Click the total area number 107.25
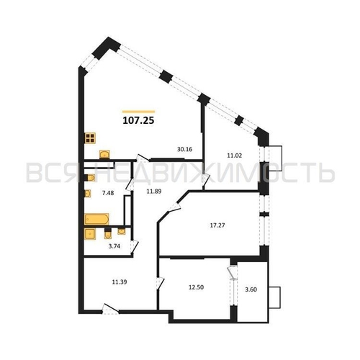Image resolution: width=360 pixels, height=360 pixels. click(138, 120)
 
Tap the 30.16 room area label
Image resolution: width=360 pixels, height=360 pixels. click(185, 149)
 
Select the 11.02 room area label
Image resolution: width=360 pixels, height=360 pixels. click(235, 156)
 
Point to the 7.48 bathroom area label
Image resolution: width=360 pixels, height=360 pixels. click(108, 193)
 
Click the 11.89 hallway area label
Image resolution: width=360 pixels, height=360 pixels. click(154, 192)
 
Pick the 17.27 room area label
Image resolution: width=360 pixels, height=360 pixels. click(217, 225)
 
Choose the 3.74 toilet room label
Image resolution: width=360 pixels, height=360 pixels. click(114, 246)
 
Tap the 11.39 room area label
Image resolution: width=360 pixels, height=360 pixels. click(120, 282)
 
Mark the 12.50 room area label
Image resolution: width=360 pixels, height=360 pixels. click(196, 287)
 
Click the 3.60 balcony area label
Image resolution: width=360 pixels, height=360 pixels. click(251, 289)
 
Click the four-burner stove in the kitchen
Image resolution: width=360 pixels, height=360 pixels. click(90, 138)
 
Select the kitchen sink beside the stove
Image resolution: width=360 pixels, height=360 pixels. click(104, 154)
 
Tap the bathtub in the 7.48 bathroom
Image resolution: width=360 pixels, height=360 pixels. click(96, 219)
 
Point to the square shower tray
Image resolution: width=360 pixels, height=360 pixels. click(90, 234)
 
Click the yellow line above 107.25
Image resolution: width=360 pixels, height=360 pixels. click(138, 112)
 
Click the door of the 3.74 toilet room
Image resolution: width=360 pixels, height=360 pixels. click(135, 246)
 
